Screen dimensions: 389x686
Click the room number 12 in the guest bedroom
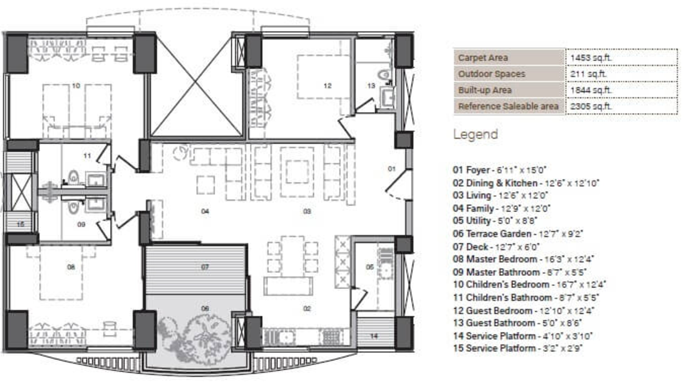(x=327, y=86)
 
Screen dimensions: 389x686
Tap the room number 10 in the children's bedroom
(x=76, y=86)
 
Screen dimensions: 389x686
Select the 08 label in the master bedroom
(x=71, y=267)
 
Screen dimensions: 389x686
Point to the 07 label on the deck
(x=205, y=267)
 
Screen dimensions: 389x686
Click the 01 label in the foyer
(x=391, y=169)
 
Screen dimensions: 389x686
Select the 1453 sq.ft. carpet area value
(x=591, y=58)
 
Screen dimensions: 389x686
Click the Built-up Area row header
(x=485, y=90)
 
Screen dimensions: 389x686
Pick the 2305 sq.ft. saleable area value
(x=591, y=106)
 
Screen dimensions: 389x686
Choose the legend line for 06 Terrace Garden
(x=518, y=234)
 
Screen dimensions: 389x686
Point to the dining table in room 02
(x=292, y=256)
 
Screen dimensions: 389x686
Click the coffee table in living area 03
(x=297, y=172)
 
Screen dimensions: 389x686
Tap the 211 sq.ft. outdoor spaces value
(x=588, y=74)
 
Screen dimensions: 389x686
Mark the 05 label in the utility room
(x=370, y=267)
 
